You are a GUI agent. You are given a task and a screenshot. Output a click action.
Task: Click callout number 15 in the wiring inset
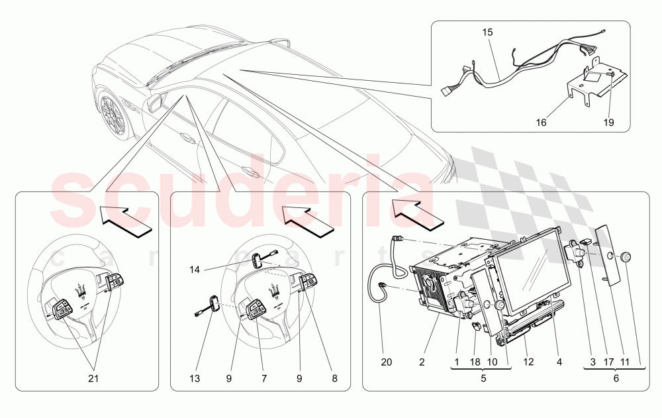click(x=487, y=31)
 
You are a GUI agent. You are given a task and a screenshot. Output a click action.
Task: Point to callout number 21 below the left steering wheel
click(x=93, y=379)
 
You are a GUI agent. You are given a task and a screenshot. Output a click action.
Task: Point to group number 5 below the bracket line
click(x=483, y=379)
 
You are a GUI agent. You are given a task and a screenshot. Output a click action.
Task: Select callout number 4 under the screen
click(x=559, y=362)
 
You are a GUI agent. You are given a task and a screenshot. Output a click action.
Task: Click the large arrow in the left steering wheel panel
click(x=126, y=221)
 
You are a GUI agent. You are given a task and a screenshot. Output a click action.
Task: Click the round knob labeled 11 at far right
click(x=626, y=257)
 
